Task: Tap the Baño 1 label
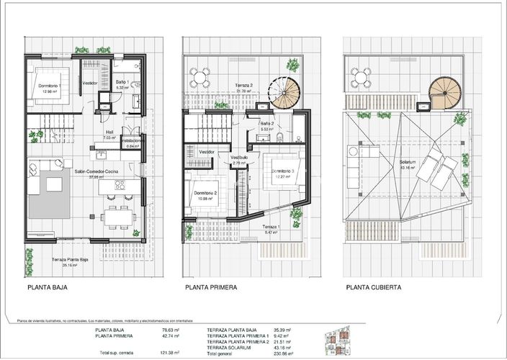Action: click(122, 83)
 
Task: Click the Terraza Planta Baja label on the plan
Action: click(71, 260)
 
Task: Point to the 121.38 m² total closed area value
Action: click(169, 354)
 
